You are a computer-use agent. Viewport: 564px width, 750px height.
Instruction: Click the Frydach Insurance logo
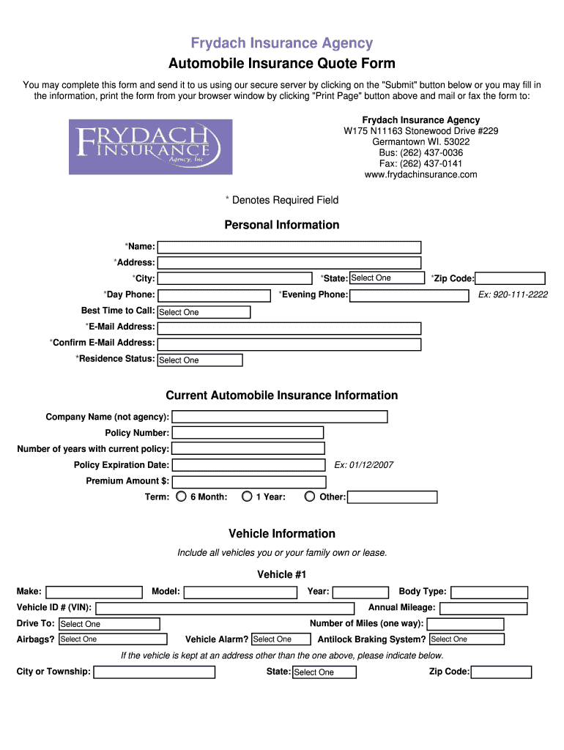[150, 146]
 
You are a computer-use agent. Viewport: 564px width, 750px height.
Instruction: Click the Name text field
[289, 247]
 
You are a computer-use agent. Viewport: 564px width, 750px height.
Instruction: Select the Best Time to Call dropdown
[204, 312]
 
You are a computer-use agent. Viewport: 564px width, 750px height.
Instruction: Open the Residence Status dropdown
[200, 360]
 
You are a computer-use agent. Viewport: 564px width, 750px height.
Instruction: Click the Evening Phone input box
[409, 295]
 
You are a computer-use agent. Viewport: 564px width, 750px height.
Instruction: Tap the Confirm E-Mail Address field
[289, 344]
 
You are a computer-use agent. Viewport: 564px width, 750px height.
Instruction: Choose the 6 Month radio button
[182, 497]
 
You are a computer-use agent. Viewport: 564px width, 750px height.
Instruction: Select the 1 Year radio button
[247, 497]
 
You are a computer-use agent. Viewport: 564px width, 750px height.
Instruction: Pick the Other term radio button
[311, 497]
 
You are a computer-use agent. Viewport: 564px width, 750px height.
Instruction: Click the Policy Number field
[248, 433]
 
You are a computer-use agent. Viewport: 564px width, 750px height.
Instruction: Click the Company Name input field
[279, 417]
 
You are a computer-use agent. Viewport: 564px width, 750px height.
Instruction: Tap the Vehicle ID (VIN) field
[225, 608]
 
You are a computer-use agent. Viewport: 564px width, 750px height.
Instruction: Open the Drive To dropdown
[108, 624]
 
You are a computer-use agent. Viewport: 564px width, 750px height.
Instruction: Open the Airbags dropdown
[112, 639]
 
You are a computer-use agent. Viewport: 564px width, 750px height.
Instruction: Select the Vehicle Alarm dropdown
[281, 639]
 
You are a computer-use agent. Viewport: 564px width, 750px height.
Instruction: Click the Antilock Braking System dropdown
[467, 639]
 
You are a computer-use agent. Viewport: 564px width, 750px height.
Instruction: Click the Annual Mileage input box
[483, 608]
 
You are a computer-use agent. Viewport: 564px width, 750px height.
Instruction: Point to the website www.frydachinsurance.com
[420, 174]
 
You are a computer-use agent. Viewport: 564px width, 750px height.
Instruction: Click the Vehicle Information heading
[282, 533]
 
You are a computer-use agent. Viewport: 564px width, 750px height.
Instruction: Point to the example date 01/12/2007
[364, 465]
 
